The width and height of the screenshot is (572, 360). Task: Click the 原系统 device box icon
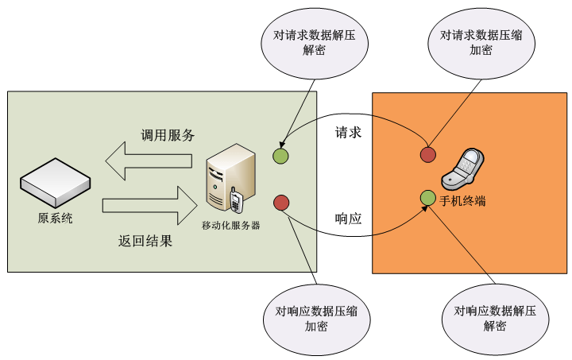[54, 183]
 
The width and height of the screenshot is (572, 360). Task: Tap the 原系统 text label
[55, 219]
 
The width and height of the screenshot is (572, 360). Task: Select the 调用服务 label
[168, 134]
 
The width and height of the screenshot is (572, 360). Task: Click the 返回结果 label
[145, 240]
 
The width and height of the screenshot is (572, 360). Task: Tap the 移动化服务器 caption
[230, 225]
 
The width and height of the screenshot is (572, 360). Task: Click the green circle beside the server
[280, 156]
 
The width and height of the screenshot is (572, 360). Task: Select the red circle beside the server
[280, 203]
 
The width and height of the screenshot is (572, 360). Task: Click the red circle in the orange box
[428, 154]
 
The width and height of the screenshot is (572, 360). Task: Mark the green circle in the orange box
[428, 197]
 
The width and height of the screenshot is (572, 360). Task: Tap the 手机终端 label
[463, 201]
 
